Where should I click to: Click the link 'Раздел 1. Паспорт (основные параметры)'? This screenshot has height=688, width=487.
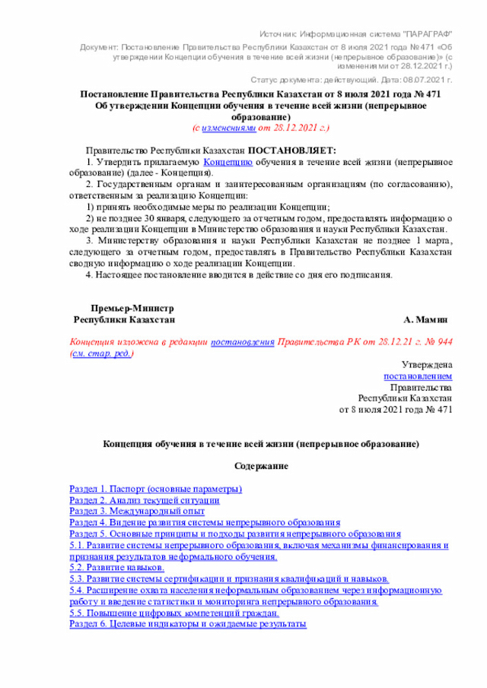coord(155,488)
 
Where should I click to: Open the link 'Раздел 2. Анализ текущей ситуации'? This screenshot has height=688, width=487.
coord(145,500)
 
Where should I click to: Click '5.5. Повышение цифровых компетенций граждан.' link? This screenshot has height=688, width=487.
coord(173,613)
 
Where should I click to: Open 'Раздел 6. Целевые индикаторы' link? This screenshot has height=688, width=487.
coord(187,624)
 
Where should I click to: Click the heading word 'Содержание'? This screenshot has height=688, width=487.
coord(261,465)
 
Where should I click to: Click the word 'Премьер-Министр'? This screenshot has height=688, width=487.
coord(132,308)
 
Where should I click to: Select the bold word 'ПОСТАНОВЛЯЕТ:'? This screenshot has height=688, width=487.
coord(291,151)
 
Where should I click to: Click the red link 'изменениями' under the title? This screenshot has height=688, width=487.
coord(229,128)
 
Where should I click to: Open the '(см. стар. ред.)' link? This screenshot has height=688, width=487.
coord(101,354)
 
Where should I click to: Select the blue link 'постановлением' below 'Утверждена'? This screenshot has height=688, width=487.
coord(418,376)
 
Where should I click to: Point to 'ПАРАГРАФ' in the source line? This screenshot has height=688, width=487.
coord(425,35)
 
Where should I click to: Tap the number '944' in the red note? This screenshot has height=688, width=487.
coord(445,342)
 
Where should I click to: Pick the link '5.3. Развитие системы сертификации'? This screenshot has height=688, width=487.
coord(229,579)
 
